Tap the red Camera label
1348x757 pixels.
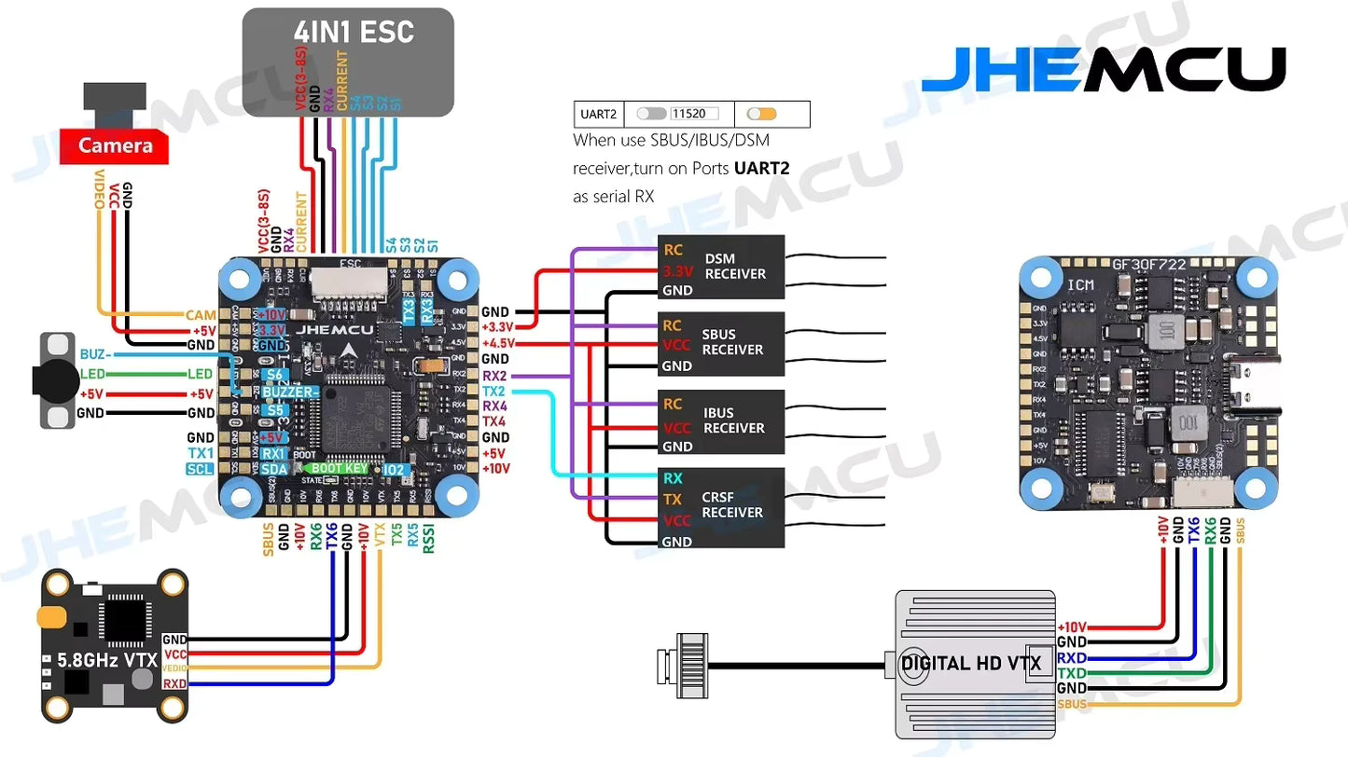115,145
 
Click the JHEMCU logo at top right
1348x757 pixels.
1103,69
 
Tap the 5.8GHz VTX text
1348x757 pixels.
106,660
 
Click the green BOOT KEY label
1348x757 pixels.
340,469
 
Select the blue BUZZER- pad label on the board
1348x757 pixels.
289,392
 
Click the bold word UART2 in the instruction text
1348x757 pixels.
761,169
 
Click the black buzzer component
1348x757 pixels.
55,380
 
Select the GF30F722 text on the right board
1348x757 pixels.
1148,265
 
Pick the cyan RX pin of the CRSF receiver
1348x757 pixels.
673,478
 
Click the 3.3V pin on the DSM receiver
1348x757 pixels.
677,271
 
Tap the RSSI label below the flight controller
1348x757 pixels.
428,538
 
